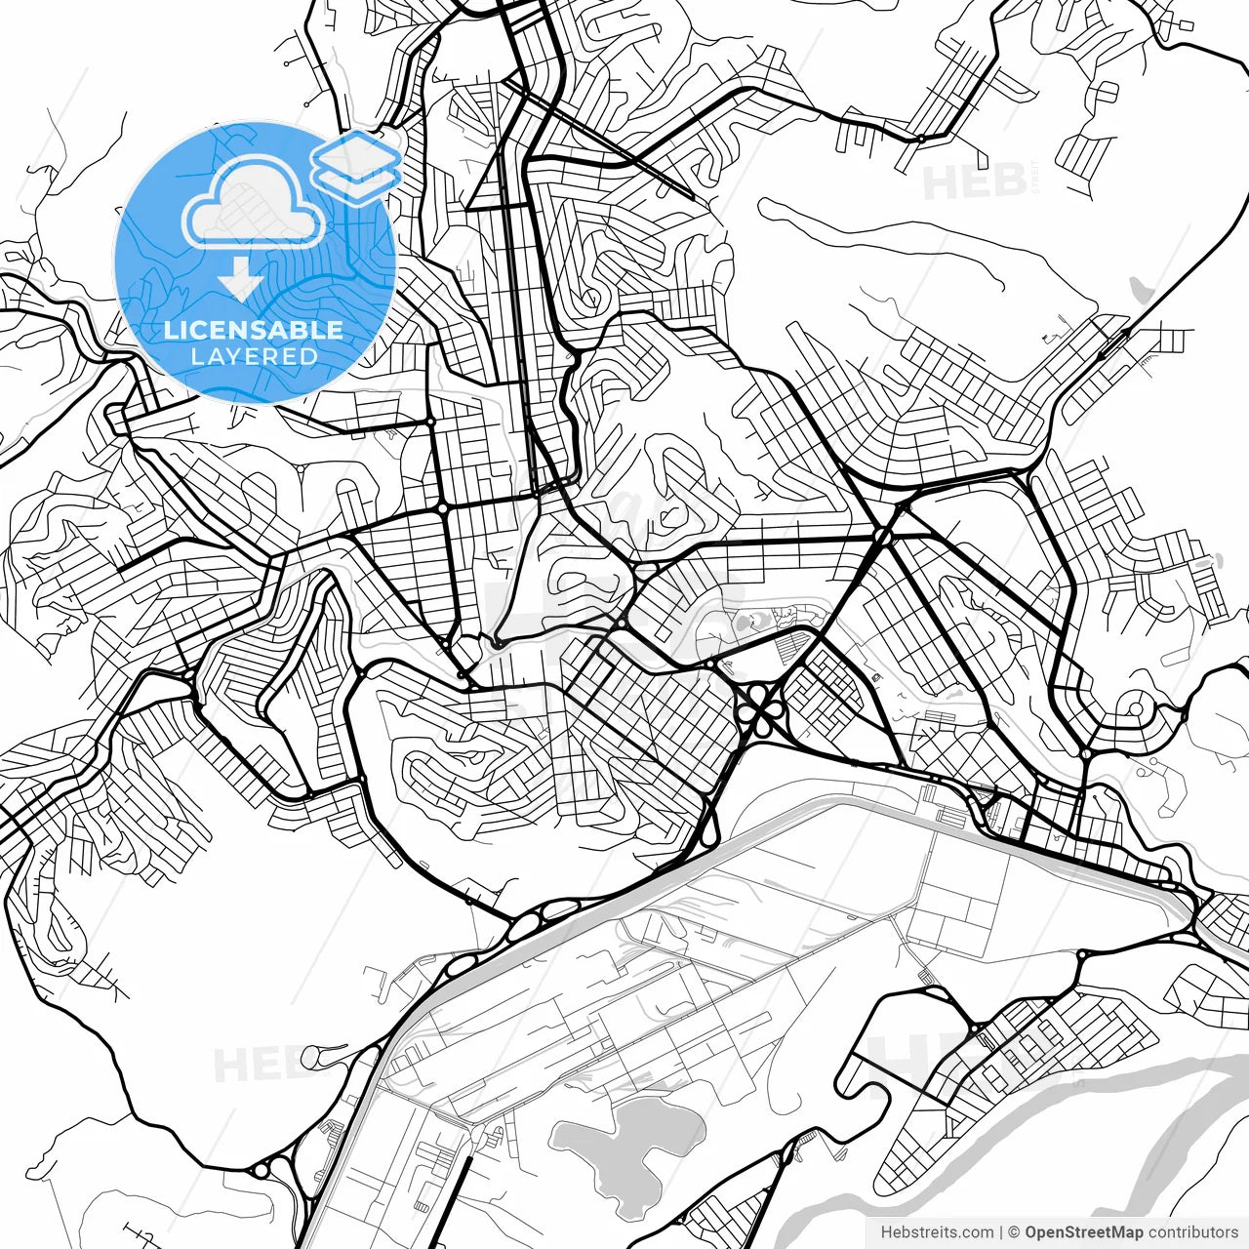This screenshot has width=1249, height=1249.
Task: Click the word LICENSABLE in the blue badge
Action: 254,330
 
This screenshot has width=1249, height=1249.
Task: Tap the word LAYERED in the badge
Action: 254,357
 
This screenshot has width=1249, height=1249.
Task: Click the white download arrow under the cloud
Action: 240,279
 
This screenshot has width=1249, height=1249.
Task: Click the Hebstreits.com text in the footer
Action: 937,1232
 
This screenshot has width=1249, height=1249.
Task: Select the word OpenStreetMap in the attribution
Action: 1083,1232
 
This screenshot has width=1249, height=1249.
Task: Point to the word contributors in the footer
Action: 1192,1232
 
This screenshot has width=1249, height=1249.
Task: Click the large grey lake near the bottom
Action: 624,1142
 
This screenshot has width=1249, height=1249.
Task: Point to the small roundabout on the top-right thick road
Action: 920,139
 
